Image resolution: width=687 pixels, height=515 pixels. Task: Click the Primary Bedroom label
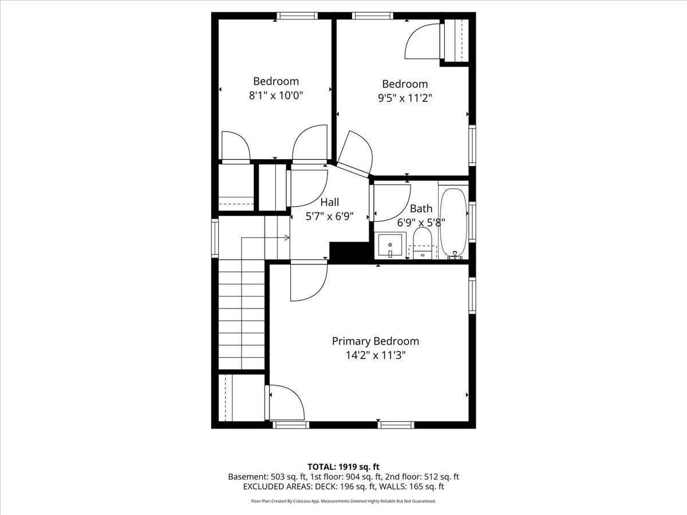click(x=375, y=342)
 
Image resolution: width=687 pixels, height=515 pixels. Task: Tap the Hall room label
click(x=330, y=203)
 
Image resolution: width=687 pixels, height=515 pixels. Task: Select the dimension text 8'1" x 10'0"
click(x=276, y=96)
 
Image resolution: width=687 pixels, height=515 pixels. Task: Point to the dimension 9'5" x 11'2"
click(x=405, y=98)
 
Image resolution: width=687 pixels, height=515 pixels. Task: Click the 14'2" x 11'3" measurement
click(x=376, y=355)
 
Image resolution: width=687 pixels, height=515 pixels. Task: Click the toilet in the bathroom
click(x=422, y=243)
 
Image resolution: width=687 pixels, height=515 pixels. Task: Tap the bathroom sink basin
click(x=390, y=245)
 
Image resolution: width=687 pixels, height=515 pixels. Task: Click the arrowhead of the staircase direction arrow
click(x=287, y=238)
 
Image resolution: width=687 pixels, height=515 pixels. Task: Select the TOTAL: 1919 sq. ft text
click(x=343, y=467)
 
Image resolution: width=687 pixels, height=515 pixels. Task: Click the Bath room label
click(x=421, y=208)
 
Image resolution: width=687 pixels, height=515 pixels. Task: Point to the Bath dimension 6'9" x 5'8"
click(x=421, y=223)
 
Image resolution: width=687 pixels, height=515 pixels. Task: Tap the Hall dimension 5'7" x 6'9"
click(x=330, y=216)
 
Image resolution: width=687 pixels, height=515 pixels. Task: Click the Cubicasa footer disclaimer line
click(x=343, y=501)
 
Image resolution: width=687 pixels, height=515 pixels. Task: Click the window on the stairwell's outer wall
click(x=215, y=238)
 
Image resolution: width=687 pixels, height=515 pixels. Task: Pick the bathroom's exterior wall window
click(x=472, y=222)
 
